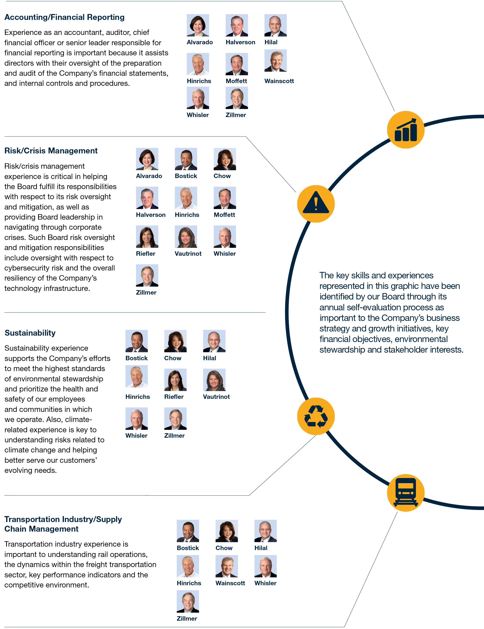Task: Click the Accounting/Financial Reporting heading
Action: pyautogui.click(x=64, y=17)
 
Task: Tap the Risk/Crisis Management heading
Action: pyautogui.click(x=51, y=151)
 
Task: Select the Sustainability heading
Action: pyautogui.click(x=30, y=333)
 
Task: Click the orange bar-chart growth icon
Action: pyautogui.click(x=405, y=130)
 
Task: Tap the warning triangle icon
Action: pyautogui.click(x=316, y=204)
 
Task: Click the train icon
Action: pyautogui.click(x=405, y=493)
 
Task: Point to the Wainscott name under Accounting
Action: pyautogui.click(x=279, y=81)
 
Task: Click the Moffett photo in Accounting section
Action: pyautogui.click(x=237, y=64)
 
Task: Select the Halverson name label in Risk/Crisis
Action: pyautogui.click(x=151, y=215)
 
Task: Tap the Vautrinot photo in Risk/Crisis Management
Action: pyautogui.click(x=186, y=237)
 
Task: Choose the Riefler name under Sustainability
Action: pyautogui.click(x=174, y=397)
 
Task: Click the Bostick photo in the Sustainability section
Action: pyautogui.click(x=136, y=341)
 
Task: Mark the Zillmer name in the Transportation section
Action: pyautogui.click(x=187, y=619)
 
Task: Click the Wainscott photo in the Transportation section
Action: pyautogui.click(x=227, y=566)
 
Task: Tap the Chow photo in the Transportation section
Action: pyautogui.click(x=227, y=531)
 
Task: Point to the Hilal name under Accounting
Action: pyautogui.click(x=271, y=42)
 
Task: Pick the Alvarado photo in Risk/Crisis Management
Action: pyautogui.click(x=147, y=159)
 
